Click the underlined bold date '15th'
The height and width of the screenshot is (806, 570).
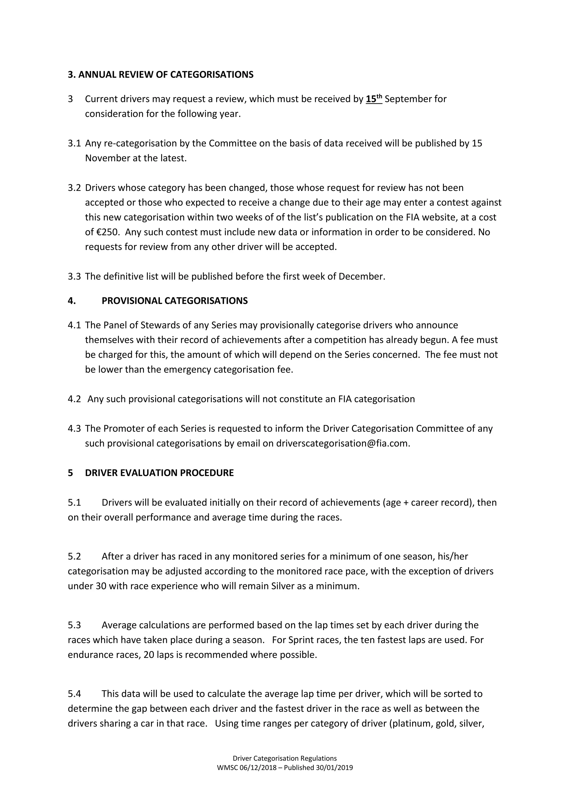[374, 99]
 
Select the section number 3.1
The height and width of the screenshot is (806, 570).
[74, 143]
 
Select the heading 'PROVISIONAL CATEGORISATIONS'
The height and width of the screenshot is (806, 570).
[175, 301]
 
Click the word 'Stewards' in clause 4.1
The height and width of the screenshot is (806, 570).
[160, 325]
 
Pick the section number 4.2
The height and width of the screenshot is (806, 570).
[74, 399]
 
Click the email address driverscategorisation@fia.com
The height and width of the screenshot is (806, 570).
[343, 443]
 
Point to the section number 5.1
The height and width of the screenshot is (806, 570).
[74, 503]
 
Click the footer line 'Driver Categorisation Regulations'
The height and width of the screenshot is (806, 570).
[285, 758]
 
